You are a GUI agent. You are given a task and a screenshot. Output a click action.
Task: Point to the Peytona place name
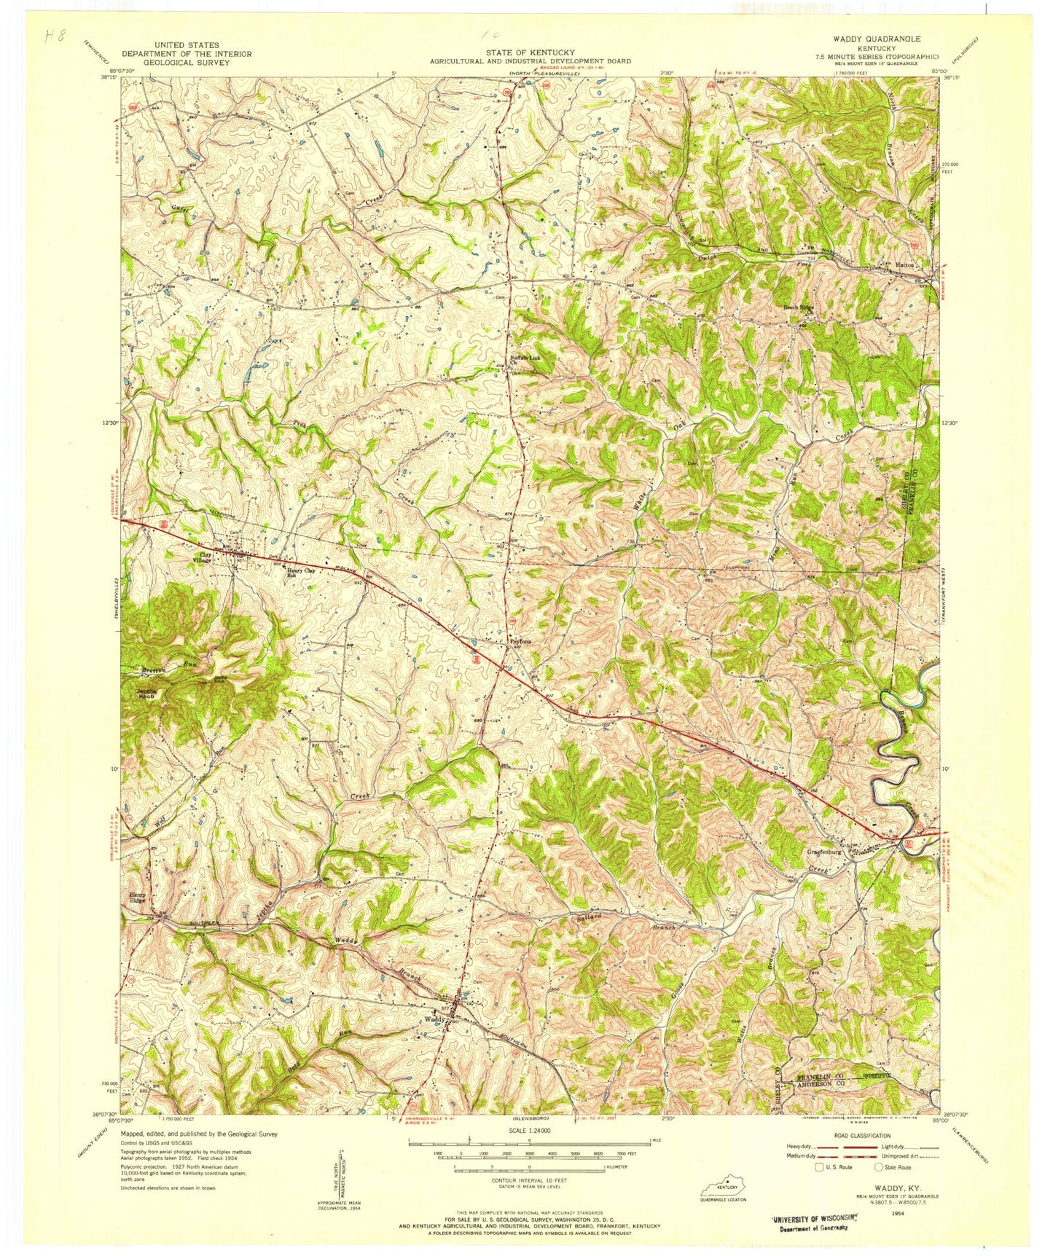[x=519, y=641]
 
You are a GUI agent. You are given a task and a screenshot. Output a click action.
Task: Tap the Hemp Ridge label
[x=138, y=898]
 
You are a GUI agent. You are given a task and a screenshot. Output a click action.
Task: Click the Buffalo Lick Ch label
[x=527, y=358]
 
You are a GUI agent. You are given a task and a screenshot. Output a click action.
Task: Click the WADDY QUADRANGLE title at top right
[x=866, y=39]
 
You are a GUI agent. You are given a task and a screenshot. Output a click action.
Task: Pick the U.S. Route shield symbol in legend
[x=819, y=1167]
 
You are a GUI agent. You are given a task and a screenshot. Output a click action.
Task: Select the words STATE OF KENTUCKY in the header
[x=530, y=52]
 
